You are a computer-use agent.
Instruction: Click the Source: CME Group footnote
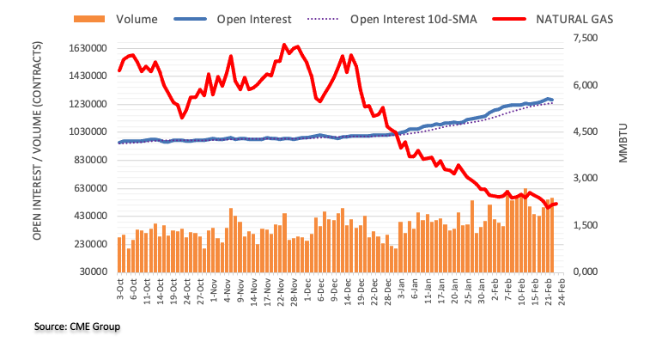[x=76, y=326]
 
